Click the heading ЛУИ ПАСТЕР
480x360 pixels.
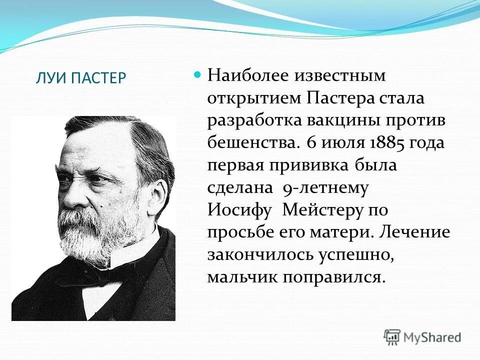80,79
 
